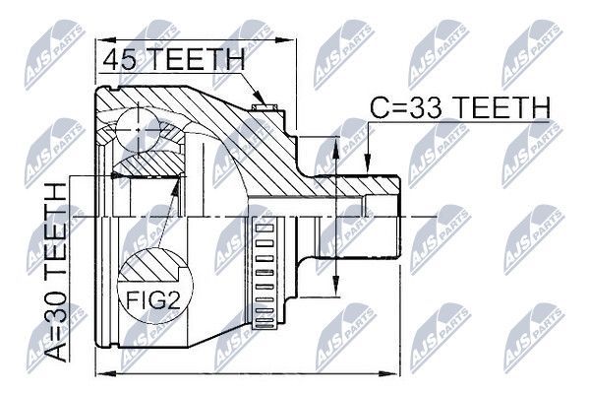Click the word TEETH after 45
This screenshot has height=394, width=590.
click(x=197, y=60)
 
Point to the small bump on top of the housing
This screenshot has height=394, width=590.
click(x=261, y=99)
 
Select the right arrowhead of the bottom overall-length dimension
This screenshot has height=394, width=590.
click(x=397, y=374)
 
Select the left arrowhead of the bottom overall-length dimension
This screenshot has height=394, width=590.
click(x=101, y=374)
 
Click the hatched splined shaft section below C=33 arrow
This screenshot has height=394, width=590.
click(x=364, y=185)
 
